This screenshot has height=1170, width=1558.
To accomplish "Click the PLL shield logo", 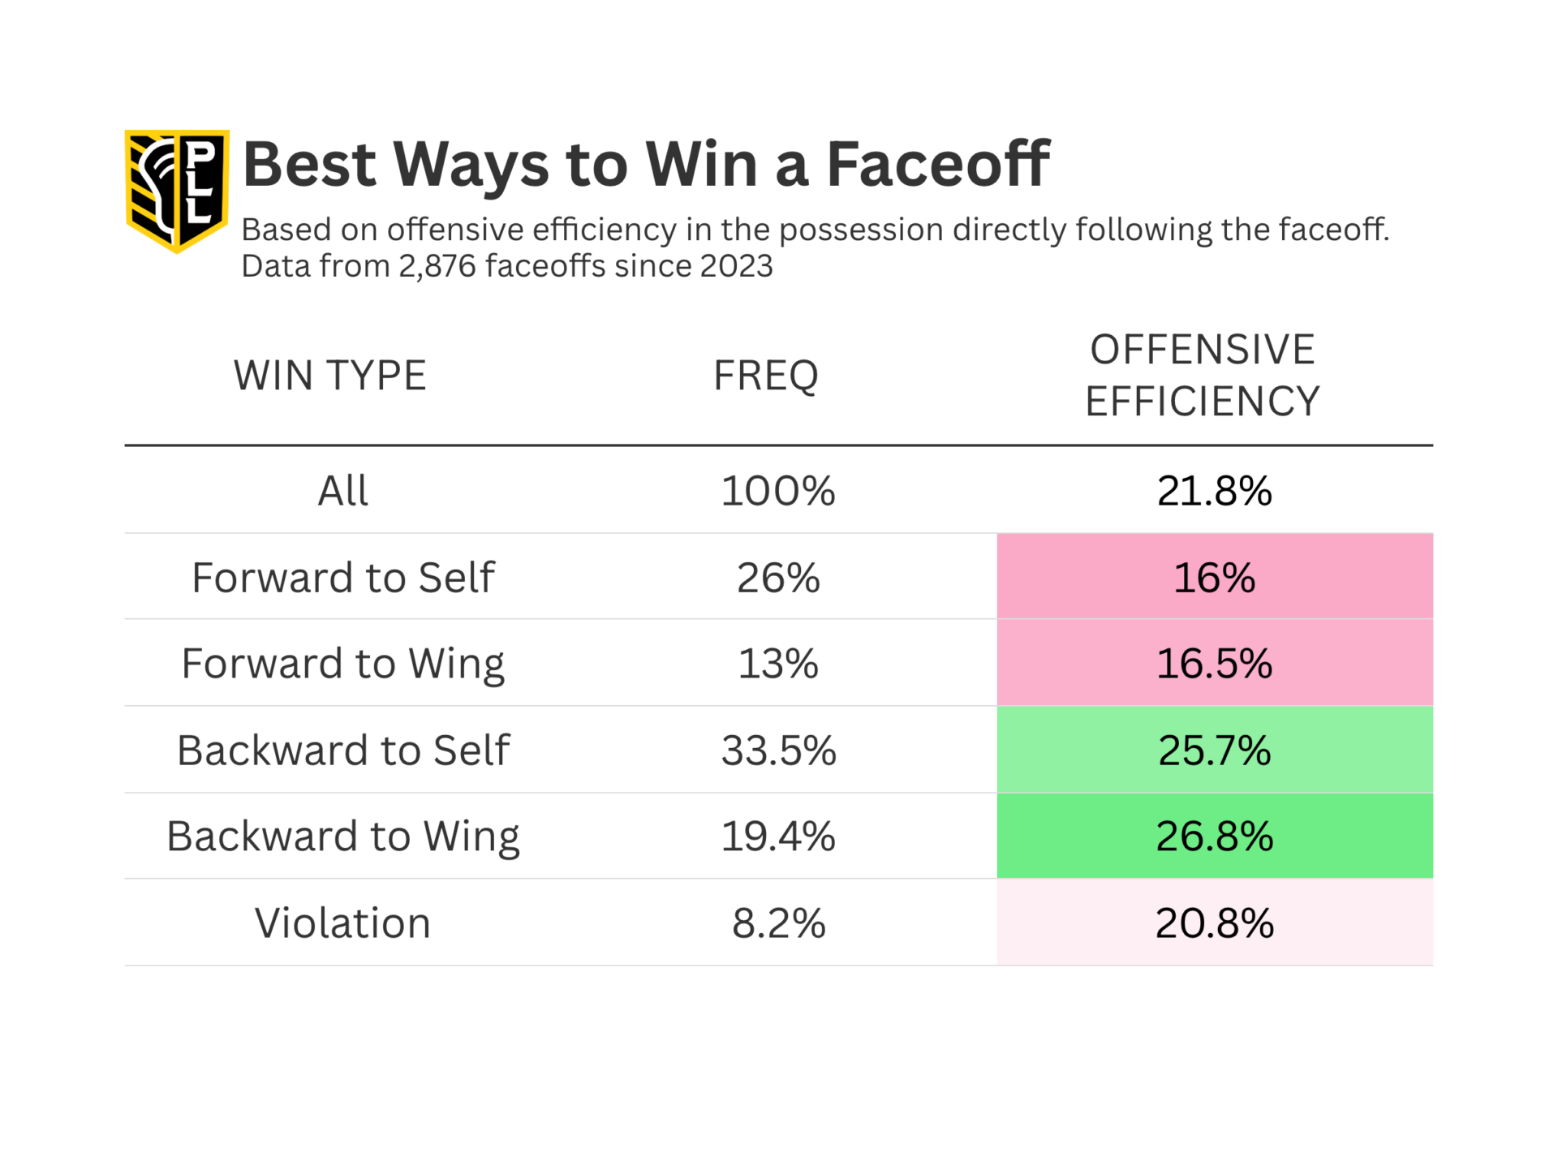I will [177, 190].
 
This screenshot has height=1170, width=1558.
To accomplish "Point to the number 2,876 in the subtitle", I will [437, 266].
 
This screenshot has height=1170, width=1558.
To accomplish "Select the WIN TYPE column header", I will [329, 376].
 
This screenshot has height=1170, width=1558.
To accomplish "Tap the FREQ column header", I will [765, 376].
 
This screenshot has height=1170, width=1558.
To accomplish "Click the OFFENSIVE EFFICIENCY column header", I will [1202, 376].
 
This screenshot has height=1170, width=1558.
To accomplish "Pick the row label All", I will [342, 491].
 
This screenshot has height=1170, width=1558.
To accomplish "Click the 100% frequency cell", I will [777, 491].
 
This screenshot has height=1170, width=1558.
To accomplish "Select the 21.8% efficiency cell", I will [1214, 491].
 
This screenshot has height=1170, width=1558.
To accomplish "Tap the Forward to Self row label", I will [342, 578].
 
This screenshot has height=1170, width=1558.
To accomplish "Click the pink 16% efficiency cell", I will [1214, 578].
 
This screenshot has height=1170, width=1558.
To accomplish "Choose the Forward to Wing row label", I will [342, 664].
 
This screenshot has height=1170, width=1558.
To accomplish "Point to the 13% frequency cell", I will [777, 664].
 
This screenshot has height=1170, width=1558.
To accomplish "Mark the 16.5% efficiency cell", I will [1214, 664].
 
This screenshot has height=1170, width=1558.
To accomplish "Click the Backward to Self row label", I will [342, 751].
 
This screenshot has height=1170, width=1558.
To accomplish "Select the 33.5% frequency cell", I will [777, 751].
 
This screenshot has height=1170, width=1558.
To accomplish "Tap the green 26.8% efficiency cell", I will [1214, 837].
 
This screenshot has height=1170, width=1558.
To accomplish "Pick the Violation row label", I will [342, 923].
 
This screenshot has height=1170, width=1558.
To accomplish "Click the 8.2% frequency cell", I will [777, 923].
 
